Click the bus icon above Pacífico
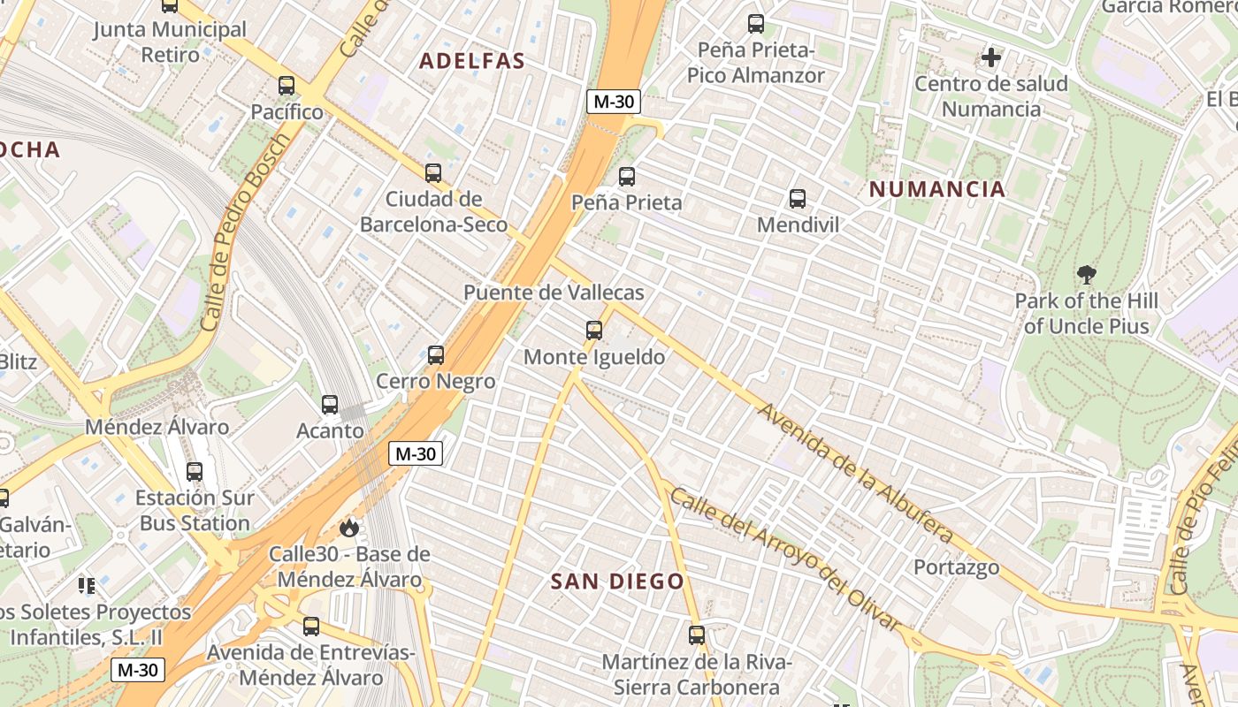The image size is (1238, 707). (x=287, y=86)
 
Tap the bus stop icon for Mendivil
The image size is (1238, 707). (x=798, y=199)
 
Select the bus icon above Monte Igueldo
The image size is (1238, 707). (x=594, y=331)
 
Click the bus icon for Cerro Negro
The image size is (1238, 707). (x=436, y=355)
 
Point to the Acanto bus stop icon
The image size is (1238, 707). (x=330, y=405)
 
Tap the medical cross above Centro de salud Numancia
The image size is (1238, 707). (x=991, y=58)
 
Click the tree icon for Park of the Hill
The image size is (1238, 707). (x=1087, y=275)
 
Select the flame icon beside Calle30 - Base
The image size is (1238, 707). (x=349, y=528)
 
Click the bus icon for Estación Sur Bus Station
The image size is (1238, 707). (x=195, y=472)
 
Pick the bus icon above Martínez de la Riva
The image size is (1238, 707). (x=697, y=635)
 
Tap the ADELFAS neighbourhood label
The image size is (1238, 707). (x=472, y=61)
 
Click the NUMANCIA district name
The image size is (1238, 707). (x=937, y=189)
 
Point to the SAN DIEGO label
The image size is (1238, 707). (x=617, y=582)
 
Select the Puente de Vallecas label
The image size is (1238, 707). (x=554, y=293)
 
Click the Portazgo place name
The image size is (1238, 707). (x=956, y=567)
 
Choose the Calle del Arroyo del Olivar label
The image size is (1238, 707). (x=785, y=559)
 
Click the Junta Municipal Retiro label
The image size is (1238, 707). (x=170, y=42)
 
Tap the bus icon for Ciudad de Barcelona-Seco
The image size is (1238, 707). (x=433, y=173)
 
